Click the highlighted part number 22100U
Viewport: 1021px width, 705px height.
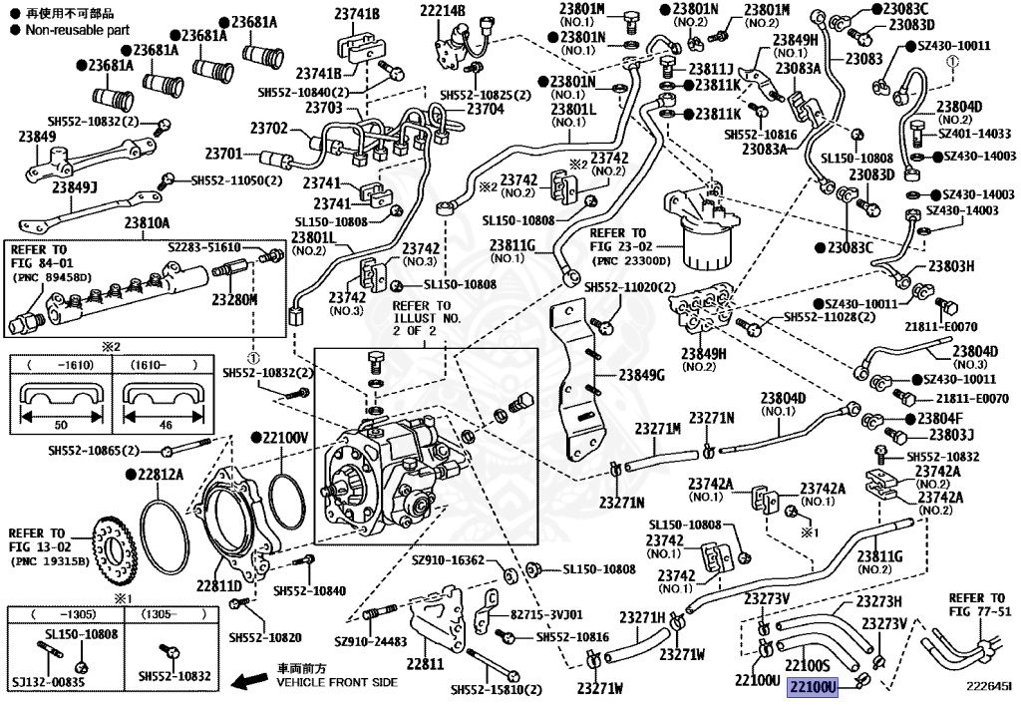point(812,687)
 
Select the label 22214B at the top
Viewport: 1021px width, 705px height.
point(443,10)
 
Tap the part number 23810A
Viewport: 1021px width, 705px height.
point(148,223)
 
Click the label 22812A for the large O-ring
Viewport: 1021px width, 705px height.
point(161,474)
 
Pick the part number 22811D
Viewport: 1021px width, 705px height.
point(218,586)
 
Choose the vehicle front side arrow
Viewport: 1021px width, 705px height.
point(248,681)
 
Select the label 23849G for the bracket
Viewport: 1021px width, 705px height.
point(642,375)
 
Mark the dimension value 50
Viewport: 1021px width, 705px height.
point(61,425)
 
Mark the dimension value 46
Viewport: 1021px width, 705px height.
point(166,425)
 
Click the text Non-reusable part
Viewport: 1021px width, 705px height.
point(78,30)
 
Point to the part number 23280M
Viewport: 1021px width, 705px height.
point(234,299)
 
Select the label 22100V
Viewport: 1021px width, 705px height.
point(285,438)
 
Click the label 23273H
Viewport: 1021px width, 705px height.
point(879,601)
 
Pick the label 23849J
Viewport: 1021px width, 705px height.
point(75,188)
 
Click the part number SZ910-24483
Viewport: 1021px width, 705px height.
point(370,642)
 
